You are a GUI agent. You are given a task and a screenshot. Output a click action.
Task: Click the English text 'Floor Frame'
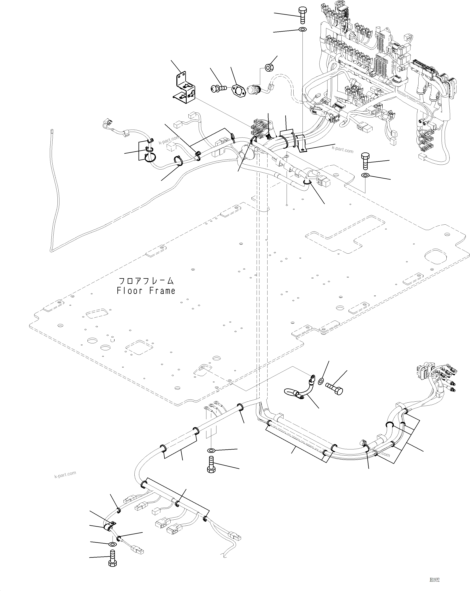coord(146,291)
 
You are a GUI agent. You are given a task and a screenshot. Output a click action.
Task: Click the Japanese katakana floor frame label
coord(146,281)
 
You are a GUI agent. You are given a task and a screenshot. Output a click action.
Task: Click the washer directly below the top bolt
coord(303,29)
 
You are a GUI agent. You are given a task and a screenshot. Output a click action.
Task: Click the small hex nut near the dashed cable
coord(269,67)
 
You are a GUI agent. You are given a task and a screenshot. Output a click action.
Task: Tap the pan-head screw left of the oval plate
coord(218,88)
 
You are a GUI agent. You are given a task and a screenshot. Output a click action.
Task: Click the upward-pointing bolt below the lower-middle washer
coord(211,464)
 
